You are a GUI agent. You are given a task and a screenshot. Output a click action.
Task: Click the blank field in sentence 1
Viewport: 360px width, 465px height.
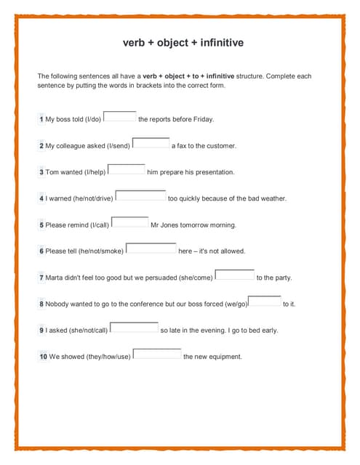(x=120, y=116)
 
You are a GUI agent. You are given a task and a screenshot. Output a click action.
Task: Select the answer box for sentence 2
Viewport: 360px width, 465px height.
(x=151, y=142)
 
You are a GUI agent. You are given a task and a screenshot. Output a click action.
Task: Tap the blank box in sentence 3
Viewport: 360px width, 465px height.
(x=127, y=169)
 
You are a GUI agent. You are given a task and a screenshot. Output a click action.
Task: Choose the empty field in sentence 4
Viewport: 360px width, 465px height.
(x=141, y=195)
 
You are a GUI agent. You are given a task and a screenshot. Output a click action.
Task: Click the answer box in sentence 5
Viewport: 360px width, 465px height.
(x=130, y=222)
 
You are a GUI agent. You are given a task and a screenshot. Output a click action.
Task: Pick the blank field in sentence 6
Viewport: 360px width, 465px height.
(x=151, y=248)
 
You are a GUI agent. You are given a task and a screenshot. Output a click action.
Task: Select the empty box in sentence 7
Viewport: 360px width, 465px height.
(x=235, y=274)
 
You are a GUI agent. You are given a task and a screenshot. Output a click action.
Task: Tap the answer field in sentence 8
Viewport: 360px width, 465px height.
(x=265, y=301)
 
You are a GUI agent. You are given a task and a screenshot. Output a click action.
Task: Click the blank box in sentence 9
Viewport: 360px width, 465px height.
(x=134, y=327)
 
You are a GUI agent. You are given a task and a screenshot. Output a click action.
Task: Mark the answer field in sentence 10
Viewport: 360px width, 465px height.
(x=157, y=354)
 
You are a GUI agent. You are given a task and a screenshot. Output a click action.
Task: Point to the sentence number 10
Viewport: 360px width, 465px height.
(x=44, y=357)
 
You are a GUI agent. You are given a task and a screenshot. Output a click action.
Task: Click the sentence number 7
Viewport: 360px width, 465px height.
(x=41, y=278)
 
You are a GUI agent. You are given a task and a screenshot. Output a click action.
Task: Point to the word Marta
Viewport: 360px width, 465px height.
(x=55, y=278)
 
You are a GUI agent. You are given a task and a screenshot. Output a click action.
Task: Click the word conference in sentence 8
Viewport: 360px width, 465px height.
(x=150, y=304)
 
